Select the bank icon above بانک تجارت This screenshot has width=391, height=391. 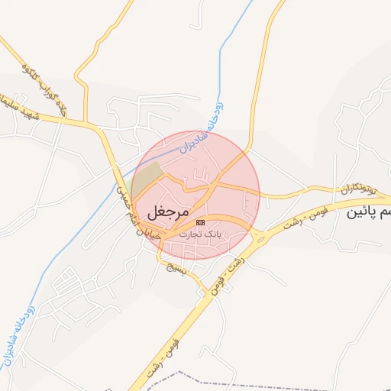point(200,221)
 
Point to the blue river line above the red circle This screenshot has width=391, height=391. point(226,61)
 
